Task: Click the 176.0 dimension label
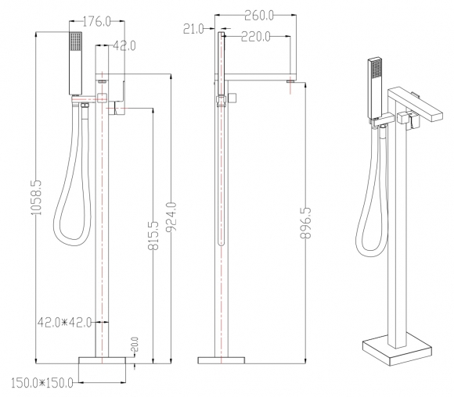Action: click(97, 21)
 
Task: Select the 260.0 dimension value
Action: click(259, 16)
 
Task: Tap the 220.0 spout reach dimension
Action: click(256, 37)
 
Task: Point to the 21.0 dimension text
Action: click(193, 29)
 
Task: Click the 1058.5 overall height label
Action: click(37, 198)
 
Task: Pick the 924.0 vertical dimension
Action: click(171, 217)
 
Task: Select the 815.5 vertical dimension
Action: click(153, 235)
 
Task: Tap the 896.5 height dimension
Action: click(305, 223)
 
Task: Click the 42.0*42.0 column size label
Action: click(64, 322)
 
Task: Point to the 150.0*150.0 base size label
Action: click(42, 383)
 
